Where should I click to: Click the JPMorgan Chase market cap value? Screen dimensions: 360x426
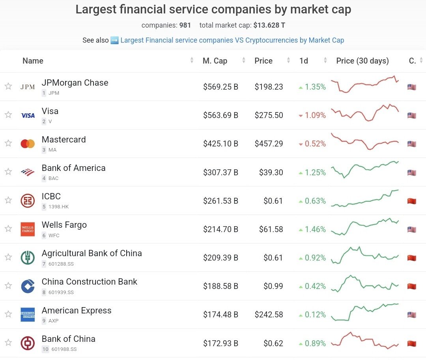[x=220, y=87]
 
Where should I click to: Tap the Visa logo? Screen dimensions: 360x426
[x=28, y=115]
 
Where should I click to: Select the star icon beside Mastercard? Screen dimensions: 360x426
[x=8, y=143]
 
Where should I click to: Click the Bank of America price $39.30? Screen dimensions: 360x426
[x=271, y=172]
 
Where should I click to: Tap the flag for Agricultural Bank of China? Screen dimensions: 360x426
[x=411, y=258]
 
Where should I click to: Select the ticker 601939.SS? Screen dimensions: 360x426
[x=61, y=292]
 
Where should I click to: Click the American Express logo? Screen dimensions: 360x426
[x=28, y=315]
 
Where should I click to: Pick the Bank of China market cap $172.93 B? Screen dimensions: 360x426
[x=220, y=343]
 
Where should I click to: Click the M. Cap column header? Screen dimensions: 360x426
[x=215, y=61]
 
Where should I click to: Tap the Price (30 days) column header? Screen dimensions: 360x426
[x=362, y=61]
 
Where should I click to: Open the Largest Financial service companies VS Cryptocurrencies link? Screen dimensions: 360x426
[x=232, y=40]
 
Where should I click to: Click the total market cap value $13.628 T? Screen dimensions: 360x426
[x=269, y=25]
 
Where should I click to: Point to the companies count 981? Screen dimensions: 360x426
[x=185, y=25]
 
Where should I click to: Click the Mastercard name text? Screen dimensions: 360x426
[x=64, y=140]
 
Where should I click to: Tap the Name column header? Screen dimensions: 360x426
[x=33, y=61]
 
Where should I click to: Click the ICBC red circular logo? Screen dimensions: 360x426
[x=28, y=201]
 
